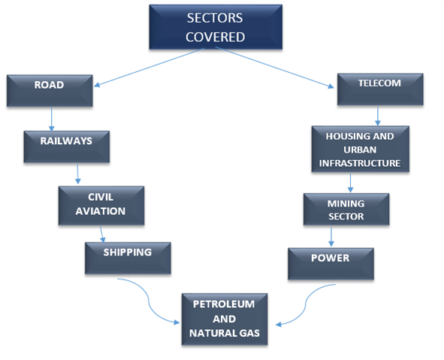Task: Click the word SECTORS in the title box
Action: (215, 18)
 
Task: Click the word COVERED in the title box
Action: (215, 37)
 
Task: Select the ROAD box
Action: (50, 91)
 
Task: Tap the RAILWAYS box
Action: (67, 147)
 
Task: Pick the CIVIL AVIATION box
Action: (101, 206)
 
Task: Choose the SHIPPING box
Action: (128, 258)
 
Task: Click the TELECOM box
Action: (380, 89)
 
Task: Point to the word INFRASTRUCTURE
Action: (360, 163)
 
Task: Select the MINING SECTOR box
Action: (346, 210)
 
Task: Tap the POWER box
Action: (331, 264)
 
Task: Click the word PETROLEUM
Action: (224, 304)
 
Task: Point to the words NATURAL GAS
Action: (225, 333)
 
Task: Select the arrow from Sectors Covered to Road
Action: (149, 67)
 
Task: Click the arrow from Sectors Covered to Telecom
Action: (275, 68)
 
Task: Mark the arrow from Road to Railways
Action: (52, 119)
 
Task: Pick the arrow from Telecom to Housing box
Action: (378, 116)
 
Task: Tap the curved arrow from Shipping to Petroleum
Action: (149, 301)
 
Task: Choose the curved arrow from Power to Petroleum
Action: (306, 304)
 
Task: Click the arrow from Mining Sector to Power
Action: (331, 237)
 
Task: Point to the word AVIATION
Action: (101, 211)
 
